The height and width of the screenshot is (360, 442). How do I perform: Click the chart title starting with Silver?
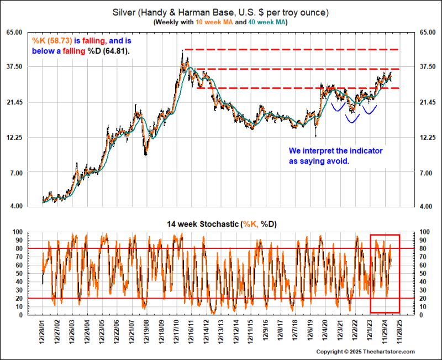point(221,12)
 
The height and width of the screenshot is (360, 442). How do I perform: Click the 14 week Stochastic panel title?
point(221,224)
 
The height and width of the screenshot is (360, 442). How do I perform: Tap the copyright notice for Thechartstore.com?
point(365,352)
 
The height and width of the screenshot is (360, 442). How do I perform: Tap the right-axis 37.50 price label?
point(428,67)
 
